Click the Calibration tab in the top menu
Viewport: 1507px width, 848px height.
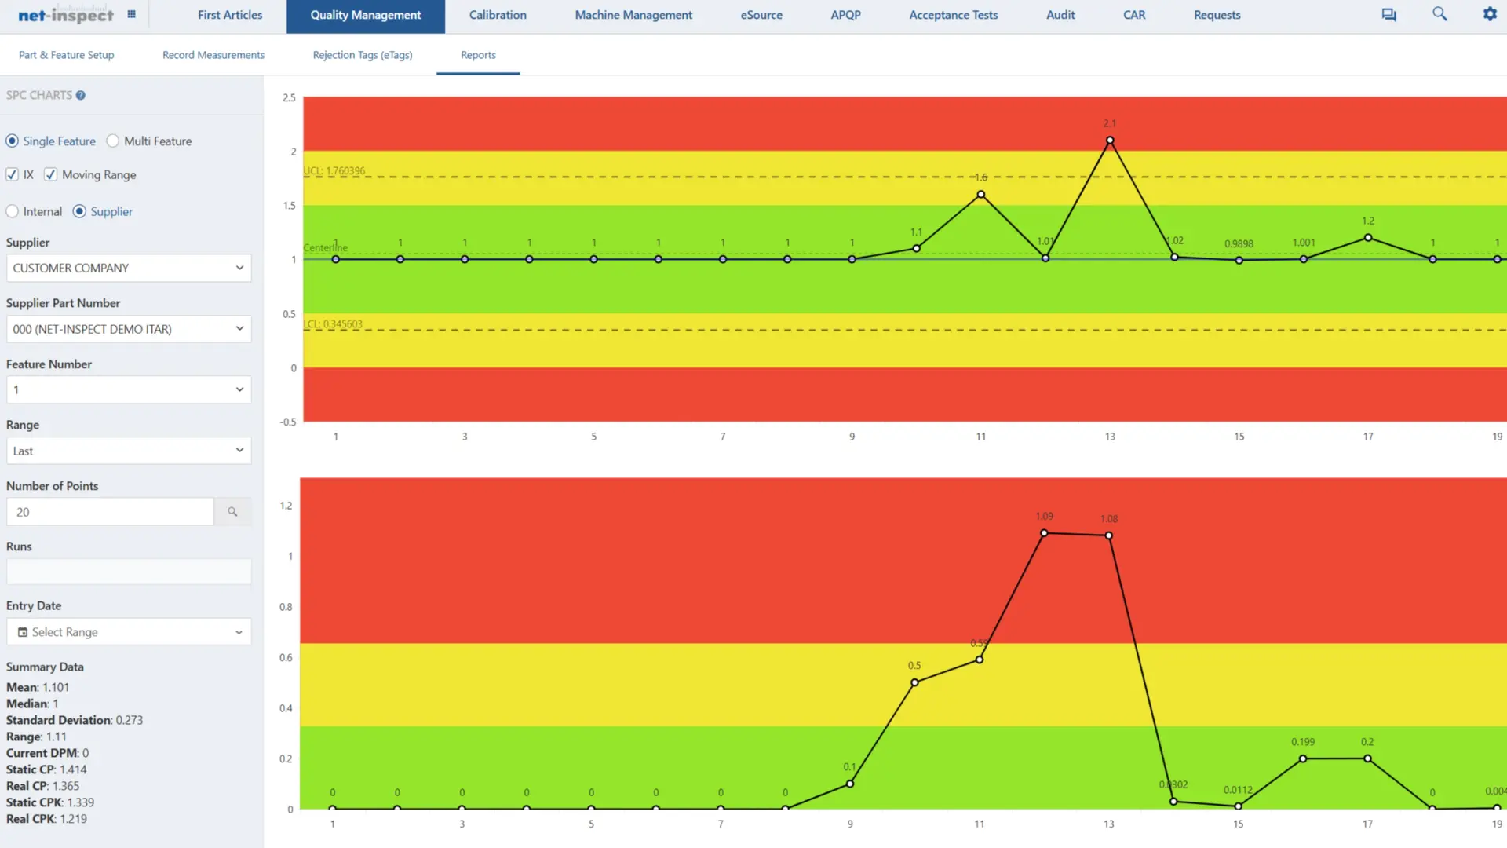pos(498,15)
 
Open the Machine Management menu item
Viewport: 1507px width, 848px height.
pos(633,15)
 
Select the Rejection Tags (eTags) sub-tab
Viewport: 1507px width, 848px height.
pos(362,55)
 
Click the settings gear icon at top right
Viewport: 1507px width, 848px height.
pos(1490,14)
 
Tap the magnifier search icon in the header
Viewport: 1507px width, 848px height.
pos(1439,14)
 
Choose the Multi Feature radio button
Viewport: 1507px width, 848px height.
pos(113,141)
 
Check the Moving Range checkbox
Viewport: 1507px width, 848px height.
pos(51,174)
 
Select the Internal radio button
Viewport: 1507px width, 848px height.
pos(13,211)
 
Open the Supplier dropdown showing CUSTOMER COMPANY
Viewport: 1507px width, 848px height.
pos(129,268)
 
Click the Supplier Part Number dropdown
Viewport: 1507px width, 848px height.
pos(129,329)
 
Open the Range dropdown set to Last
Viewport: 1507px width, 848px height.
pos(129,451)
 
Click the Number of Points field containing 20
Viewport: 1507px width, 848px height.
pos(110,512)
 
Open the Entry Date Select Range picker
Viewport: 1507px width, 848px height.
pos(129,632)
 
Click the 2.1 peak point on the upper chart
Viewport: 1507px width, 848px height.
pos(1110,141)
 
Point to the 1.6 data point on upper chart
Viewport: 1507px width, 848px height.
pos(980,195)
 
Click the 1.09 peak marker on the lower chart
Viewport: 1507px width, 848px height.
pos(1044,533)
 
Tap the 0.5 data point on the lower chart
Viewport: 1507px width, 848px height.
pos(914,682)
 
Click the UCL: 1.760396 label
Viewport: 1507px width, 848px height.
pos(334,170)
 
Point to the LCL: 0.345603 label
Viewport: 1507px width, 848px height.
pos(333,323)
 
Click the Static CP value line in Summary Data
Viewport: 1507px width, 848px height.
pos(46,769)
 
